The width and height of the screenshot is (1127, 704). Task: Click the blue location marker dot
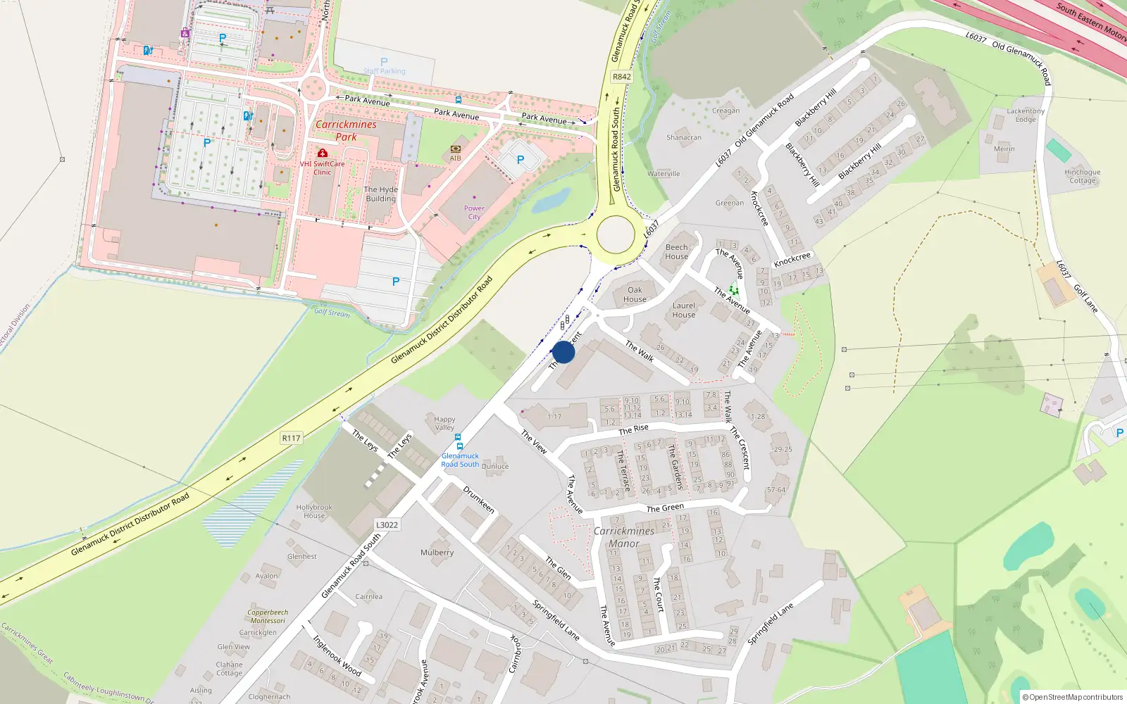(x=563, y=352)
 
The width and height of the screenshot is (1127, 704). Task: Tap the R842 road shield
(x=621, y=77)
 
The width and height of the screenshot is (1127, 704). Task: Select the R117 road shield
(x=291, y=438)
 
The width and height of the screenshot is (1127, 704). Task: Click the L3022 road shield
(x=387, y=524)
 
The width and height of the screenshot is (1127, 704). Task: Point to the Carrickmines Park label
(x=346, y=130)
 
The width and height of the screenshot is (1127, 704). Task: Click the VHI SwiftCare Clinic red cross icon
(x=322, y=153)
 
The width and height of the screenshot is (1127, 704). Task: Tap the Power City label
(x=474, y=212)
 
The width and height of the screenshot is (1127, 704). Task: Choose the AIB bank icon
(x=456, y=149)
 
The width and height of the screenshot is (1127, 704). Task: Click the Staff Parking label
(x=385, y=71)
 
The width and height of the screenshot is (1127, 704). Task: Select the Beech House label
(x=676, y=251)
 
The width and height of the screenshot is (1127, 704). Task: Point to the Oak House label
(x=635, y=294)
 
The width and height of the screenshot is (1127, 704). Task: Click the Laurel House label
(x=683, y=310)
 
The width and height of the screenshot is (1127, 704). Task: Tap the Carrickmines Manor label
(x=624, y=536)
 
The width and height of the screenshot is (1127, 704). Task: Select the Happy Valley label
(x=444, y=423)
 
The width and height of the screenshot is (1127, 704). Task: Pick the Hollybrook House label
(x=314, y=511)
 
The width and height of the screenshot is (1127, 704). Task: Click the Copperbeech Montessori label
(x=268, y=616)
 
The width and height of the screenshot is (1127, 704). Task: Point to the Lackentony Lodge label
(x=1026, y=115)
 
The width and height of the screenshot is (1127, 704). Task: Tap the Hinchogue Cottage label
(x=1083, y=176)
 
